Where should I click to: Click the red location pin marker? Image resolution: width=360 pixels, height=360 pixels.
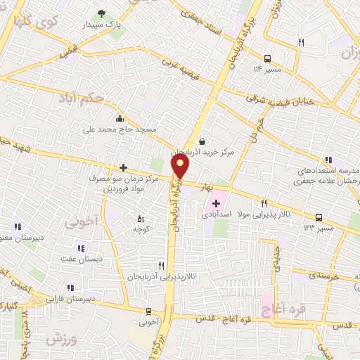[x=181, y=166]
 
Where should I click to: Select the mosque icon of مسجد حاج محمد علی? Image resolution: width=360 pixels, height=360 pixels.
[x=120, y=118]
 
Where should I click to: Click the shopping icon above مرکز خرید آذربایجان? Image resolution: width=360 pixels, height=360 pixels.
[x=202, y=140]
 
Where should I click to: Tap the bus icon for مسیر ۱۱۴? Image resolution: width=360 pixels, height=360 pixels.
[x=268, y=58]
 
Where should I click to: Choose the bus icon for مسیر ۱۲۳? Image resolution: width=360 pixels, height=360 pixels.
[x=319, y=217]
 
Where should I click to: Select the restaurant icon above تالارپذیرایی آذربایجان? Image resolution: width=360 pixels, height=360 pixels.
[x=161, y=266]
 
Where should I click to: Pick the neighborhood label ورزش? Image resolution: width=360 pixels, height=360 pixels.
[x=60, y=339]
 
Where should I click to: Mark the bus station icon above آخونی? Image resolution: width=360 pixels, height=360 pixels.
[x=148, y=311]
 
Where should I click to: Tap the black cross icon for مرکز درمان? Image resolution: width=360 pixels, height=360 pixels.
[x=123, y=167]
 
